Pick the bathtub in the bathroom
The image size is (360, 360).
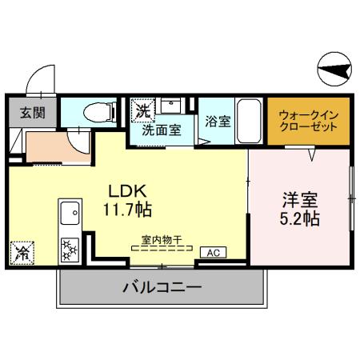tap(249, 119)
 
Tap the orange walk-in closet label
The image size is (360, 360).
tap(309, 122)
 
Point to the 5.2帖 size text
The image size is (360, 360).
tap(301, 218)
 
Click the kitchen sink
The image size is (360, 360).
tap(70, 215)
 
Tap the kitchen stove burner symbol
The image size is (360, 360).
tap(70, 249)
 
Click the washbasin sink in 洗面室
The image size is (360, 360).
tap(170, 106)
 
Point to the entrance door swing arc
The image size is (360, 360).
tap(38, 79)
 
